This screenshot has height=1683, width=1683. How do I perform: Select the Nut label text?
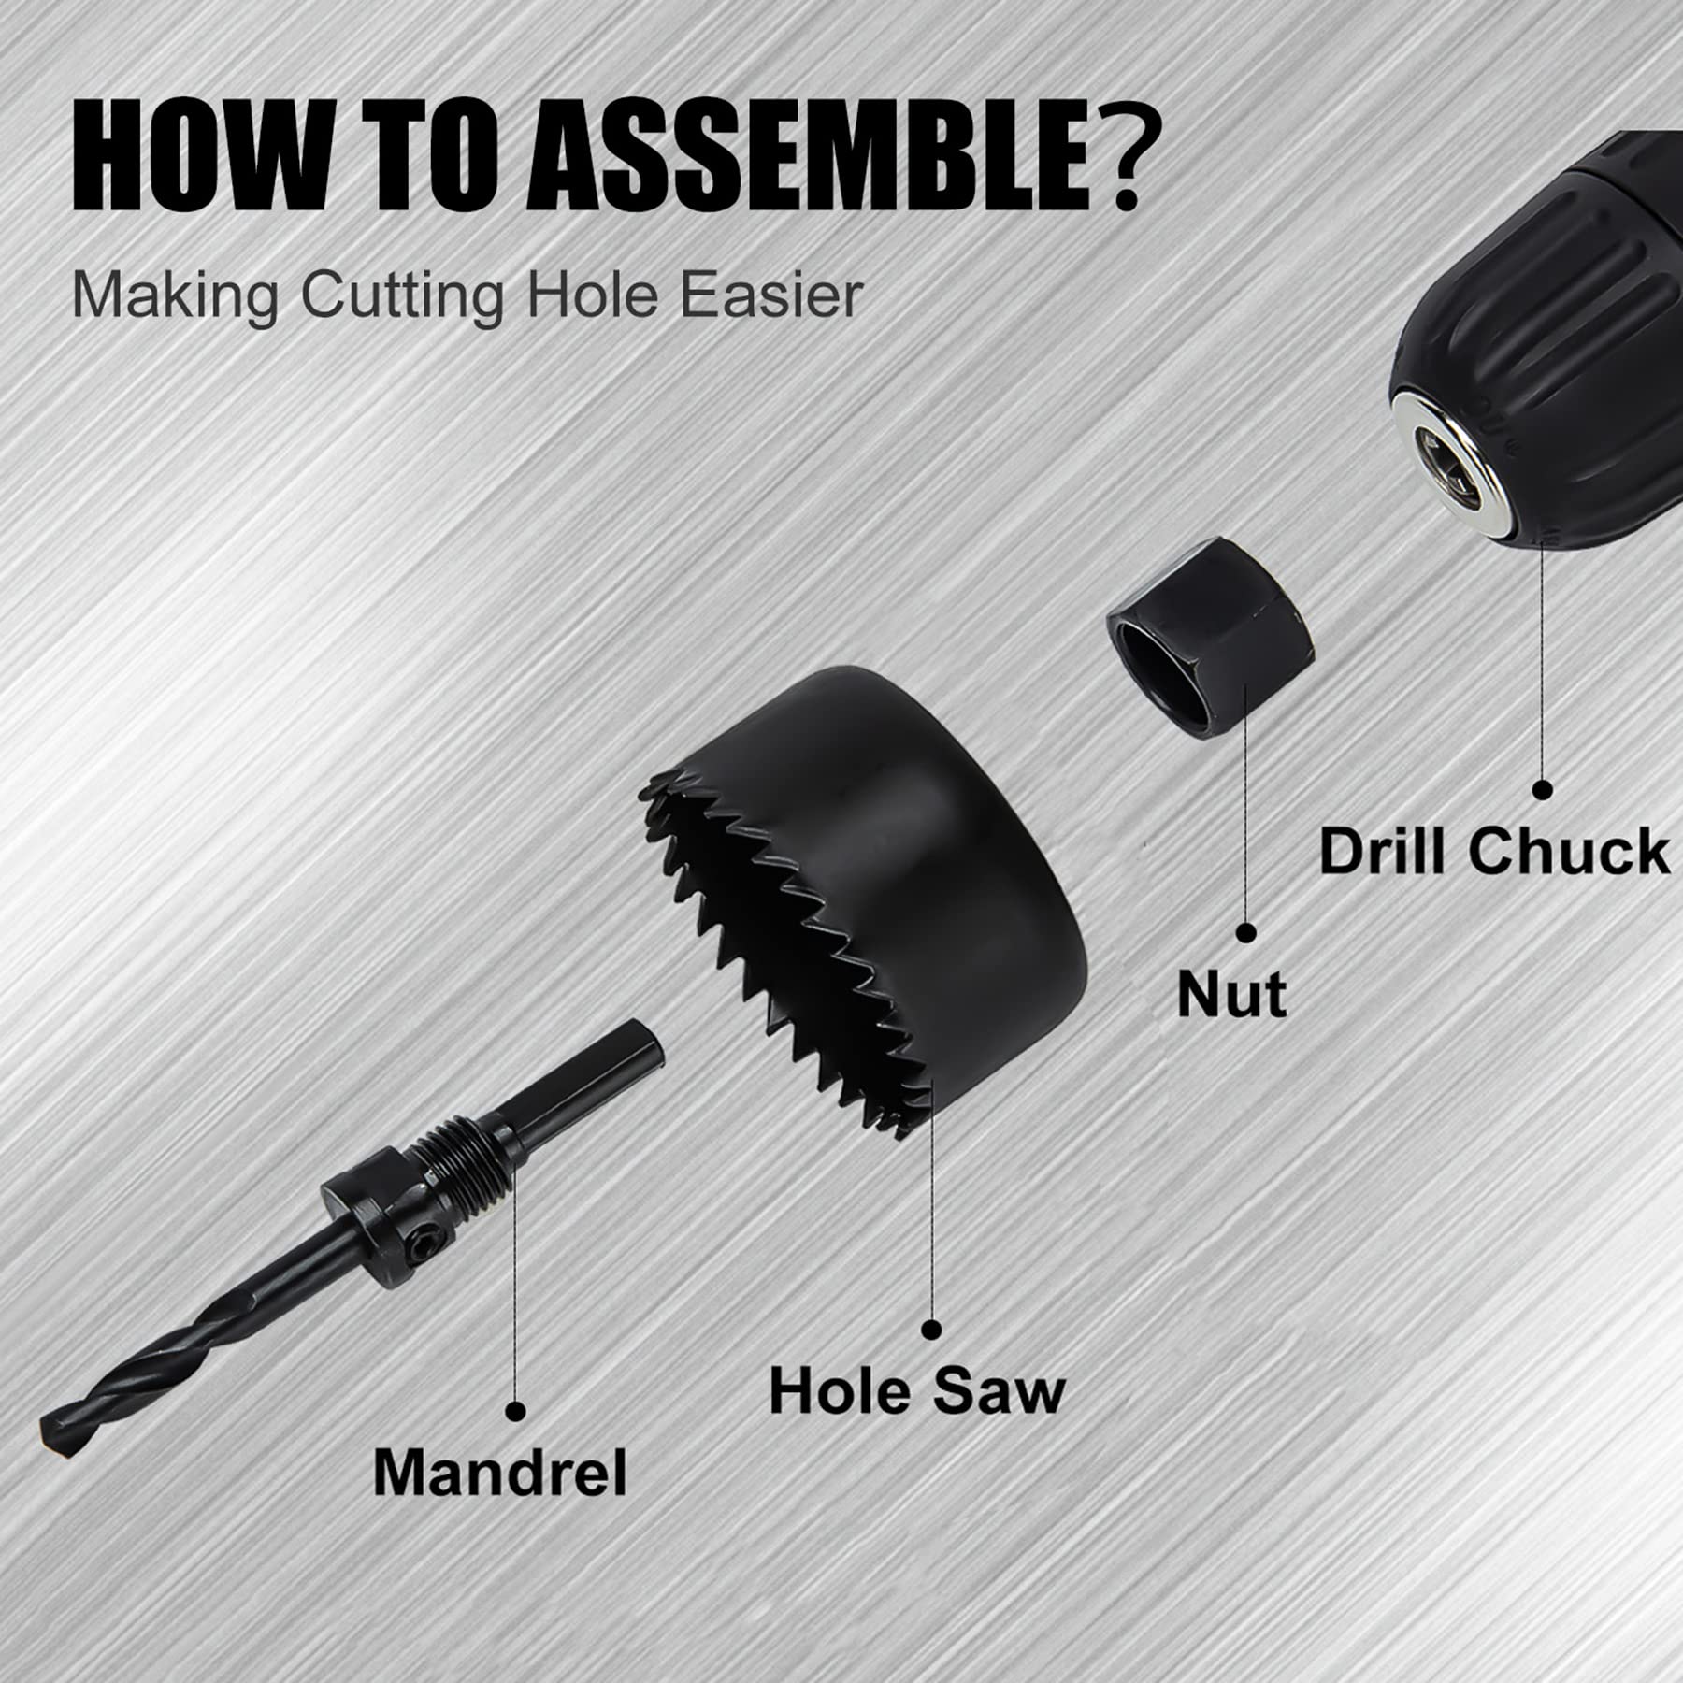point(1231,994)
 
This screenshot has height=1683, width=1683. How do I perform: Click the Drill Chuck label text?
point(1493,852)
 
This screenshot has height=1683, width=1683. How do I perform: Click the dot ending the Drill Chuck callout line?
point(1543,789)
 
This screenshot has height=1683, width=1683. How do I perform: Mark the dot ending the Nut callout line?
point(1245,932)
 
